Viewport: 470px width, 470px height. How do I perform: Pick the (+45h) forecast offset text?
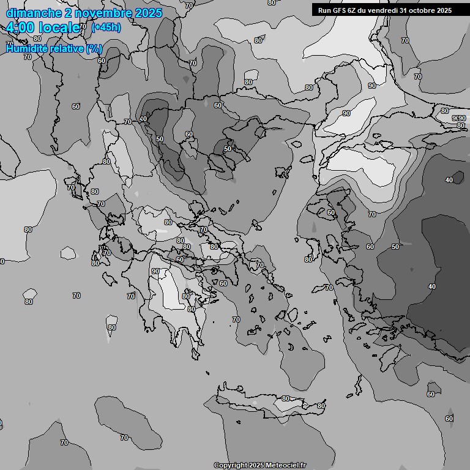[x=106, y=27]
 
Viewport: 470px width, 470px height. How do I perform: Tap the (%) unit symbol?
[x=94, y=48]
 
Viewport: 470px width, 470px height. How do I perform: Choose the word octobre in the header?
[x=423, y=10]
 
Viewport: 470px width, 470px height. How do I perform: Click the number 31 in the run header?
[x=405, y=10]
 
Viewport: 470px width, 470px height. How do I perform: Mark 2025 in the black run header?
[x=444, y=10]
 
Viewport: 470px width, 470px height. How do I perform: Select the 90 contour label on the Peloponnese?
[x=155, y=271]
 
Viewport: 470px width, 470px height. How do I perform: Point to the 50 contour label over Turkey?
[x=395, y=247]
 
